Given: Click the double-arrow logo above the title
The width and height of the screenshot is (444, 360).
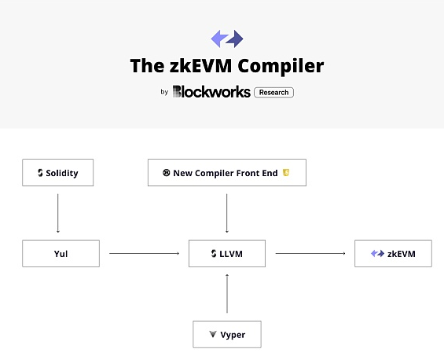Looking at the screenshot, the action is coord(227,39).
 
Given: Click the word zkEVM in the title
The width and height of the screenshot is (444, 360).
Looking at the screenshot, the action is coord(200,66).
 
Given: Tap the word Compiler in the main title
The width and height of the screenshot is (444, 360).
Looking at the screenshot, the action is coord(281,66).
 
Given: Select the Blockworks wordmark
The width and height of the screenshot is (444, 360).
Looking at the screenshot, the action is coord(211,91).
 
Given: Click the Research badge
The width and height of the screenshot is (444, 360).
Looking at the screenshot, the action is coord(273,92).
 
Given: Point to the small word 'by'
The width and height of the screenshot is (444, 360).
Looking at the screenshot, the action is coord(164,92).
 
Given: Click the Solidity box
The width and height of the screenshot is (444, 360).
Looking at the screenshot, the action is coord(58,172).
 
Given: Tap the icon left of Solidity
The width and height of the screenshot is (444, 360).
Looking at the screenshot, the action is coord(40,173).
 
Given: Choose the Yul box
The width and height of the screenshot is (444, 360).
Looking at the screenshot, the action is coord(61,254).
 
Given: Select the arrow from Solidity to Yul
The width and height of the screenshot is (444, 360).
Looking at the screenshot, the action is coord(58,213).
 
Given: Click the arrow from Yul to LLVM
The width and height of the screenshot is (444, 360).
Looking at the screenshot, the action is coord(145,253).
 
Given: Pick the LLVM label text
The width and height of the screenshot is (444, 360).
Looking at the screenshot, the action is coord(231,254).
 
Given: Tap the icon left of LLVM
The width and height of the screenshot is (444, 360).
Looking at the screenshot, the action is coord(214,254).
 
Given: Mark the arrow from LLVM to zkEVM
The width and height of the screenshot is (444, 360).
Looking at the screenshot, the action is coord(310,253).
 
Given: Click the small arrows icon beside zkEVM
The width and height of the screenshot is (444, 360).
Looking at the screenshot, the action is coord(377,254).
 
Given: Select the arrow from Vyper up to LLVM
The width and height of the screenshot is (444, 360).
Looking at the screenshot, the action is coord(227,293).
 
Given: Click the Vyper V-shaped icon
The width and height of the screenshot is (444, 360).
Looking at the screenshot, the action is coord(213,334).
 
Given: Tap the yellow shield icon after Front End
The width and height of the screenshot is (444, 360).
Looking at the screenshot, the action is coord(286,172).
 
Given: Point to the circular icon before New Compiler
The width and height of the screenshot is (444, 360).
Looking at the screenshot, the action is coord(167,172).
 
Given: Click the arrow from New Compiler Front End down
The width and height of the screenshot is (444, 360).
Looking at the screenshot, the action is coord(227,213).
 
